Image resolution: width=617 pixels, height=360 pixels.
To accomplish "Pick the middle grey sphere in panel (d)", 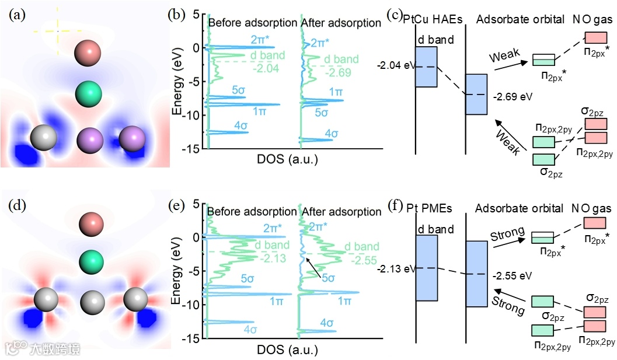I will (x=90, y=302).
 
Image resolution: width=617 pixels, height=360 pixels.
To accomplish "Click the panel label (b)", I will (x=176, y=16).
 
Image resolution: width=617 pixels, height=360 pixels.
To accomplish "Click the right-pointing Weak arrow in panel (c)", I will (x=513, y=63).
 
